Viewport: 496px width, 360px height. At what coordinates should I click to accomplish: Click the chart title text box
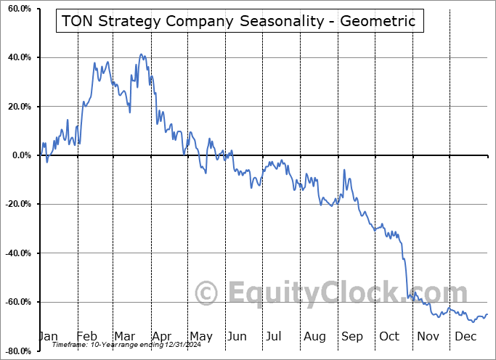coord(239,21)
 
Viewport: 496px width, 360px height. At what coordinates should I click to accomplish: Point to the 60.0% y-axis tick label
coord(17,9)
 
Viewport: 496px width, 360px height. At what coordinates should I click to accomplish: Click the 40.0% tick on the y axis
coord(17,57)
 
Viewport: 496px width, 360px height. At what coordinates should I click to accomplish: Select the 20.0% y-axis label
coord(17,107)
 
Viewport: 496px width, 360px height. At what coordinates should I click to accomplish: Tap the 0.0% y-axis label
coord(20,155)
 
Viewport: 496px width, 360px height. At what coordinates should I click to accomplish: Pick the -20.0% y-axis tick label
coord(16,204)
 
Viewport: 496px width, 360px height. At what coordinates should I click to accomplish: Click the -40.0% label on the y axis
coord(16,253)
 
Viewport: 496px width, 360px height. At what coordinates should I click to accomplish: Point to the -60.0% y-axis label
coord(16,302)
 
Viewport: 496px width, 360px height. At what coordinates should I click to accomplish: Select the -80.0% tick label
coord(16,351)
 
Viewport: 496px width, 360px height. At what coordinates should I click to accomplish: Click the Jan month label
coord(47,336)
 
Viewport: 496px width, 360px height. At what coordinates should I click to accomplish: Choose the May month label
coord(200,336)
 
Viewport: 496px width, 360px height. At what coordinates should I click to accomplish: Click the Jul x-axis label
coord(275,336)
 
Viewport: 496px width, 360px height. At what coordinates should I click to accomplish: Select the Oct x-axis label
coord(390,336)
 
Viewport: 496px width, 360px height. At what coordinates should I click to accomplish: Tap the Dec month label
coord(465,336)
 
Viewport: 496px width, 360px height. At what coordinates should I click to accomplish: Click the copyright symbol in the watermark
coord(207,294)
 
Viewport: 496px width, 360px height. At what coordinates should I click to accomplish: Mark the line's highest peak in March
coord(141,54)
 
